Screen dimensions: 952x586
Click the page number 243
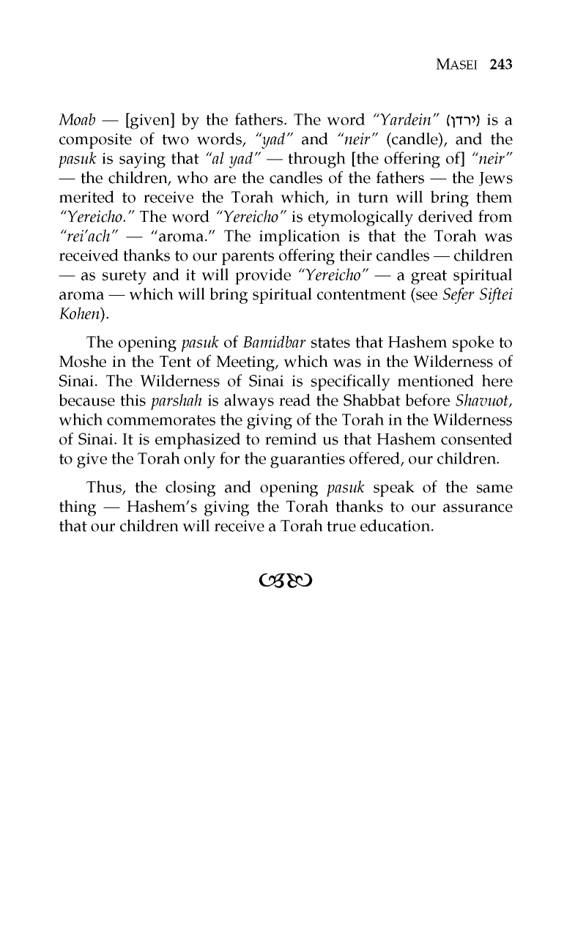click(500, 64)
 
